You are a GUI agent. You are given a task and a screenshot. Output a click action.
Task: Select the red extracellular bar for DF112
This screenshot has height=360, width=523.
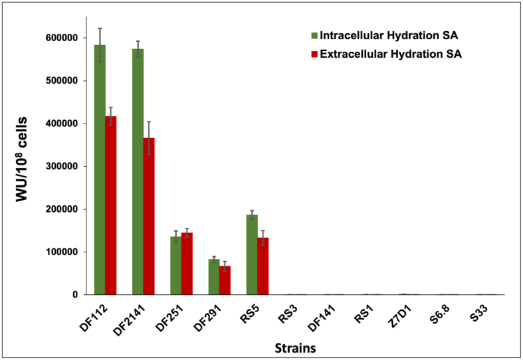[x=110, y=205]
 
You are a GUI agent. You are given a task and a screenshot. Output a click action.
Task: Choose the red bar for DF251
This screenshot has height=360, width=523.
[x=187, y=263]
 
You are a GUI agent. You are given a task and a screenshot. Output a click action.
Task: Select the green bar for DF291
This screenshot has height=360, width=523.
[x=214, y=276]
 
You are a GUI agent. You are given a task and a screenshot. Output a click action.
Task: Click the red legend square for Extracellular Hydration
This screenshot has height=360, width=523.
[x=313, y=55]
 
